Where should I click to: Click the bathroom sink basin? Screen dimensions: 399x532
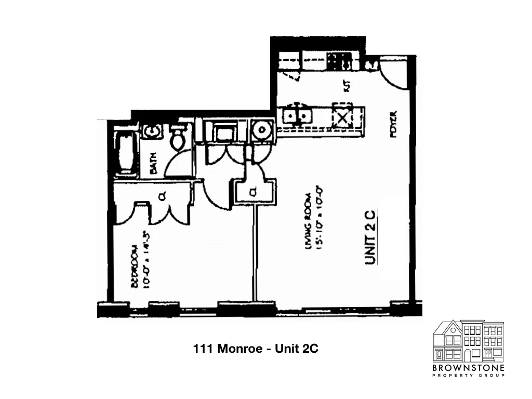(152, 132)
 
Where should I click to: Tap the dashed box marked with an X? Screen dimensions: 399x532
(342, 116)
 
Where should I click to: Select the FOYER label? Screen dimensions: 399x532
(393, 123)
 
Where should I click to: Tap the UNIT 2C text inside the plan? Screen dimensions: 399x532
(370, 236)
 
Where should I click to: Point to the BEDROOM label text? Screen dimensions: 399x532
(135, 266)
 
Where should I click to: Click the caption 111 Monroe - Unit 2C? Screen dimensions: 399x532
(255, 349)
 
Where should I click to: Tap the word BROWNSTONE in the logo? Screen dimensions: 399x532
(468, 368)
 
